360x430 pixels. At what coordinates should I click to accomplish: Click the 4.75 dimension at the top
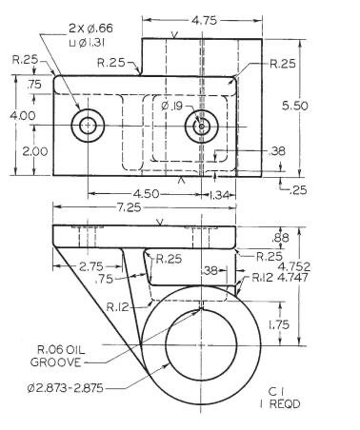click(202, 18)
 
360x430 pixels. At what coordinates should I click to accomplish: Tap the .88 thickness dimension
click(281, 238)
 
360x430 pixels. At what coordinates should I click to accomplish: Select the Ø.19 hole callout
click(172, 106)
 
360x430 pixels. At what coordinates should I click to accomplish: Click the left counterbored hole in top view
click(90, 125)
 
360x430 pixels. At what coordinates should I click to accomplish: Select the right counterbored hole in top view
click(201, 125)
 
